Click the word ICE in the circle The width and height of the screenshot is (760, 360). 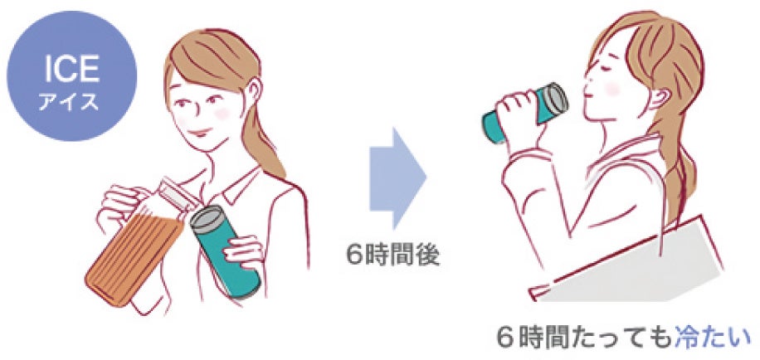coord(71,70)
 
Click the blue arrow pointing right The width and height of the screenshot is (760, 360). coord(398,178)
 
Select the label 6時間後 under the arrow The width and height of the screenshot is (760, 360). coord(393,255)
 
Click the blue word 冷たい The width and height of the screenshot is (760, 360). coord(712,338)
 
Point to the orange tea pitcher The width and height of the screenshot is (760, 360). coord(137,246)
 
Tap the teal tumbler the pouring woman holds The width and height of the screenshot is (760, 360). coord(224,251)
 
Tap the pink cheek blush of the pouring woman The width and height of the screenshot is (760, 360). coord(222,114)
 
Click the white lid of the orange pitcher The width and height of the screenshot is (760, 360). coord(176,197)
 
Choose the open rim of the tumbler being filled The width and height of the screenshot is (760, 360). coord(207,218)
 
